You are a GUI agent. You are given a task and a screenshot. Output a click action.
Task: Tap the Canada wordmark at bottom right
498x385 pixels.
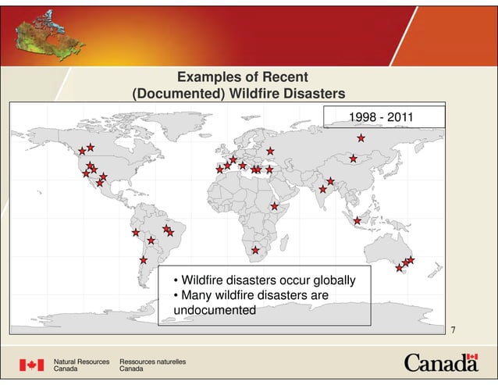pyautogui.click(x=441, y=363)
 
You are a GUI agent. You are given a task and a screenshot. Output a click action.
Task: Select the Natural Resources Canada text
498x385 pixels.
pyautogui.click(x=80, y=365)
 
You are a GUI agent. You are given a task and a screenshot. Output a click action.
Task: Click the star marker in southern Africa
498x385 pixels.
pyautogui.click(x=255, y=250)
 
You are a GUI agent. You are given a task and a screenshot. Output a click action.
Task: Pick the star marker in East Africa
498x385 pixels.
pyautogui.click(x=275, y=206)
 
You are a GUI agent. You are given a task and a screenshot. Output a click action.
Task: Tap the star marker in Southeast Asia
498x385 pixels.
pyautogui.click(x=357, y=220)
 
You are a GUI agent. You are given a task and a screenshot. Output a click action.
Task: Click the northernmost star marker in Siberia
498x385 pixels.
pyautogui.click(x=361, y=138)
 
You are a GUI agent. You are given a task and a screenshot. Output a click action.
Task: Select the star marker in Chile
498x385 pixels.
pyautogui.click(x=144, y=259)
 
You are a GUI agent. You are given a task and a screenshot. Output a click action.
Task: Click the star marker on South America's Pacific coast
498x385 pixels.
pyautogui.click(x=135, y=233)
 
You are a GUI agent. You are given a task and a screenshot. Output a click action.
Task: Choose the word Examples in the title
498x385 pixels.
pyautogui.click(x=210, y=77)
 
